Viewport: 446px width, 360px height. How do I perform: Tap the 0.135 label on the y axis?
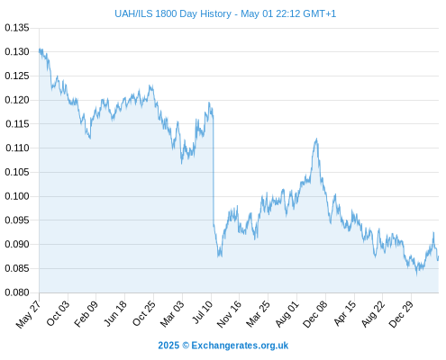(17, 28)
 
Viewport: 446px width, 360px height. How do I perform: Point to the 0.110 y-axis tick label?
(17, 148)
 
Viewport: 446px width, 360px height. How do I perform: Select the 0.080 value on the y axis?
(17, 292)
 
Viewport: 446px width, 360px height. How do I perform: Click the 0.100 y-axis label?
(17, 196)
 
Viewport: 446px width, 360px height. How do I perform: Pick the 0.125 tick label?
(17, 76)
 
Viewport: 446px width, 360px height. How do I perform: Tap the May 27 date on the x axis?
(28, 314)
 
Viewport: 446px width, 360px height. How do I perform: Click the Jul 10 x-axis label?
(202, 312)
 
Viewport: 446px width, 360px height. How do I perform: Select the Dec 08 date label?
(314, 314)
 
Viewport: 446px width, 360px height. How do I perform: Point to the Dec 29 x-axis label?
(401, 314)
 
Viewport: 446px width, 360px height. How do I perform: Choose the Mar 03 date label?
(172, 314)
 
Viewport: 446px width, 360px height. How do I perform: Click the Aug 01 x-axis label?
(287, 314)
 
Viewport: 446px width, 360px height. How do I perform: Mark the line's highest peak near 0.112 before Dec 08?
(316, 139)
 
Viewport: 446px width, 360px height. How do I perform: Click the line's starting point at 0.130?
(40, 50)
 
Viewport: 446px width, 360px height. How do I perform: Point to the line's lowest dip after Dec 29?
(416, 274)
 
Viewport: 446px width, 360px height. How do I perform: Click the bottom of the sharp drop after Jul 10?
(219, 256)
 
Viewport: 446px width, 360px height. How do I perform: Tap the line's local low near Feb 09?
(90, 139)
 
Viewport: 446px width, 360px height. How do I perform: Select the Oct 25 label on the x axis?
(143, 314)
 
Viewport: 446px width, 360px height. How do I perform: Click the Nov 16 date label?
(229, 314)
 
